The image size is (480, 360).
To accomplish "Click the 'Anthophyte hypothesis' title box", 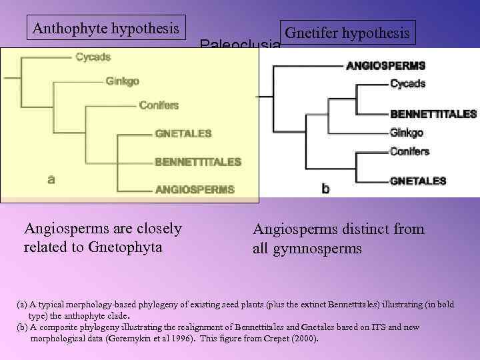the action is tap(106, 29).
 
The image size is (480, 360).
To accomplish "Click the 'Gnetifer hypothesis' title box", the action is tap(347, 33).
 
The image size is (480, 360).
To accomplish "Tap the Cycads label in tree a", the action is tap(93, 57).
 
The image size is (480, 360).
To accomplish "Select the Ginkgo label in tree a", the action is tap(122, 81).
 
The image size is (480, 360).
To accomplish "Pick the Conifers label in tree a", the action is tap(159, 105).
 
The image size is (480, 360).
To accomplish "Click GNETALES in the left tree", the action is tap(183, 133).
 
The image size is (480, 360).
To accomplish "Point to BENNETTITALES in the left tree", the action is tap(198, 161).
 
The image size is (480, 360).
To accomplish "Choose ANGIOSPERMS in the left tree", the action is tap(195, 189).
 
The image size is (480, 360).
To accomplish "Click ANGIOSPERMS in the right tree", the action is tap(385, 66).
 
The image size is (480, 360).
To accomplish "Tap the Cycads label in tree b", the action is tap(407, 84).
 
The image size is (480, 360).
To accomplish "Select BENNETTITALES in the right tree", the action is tap(433, 114).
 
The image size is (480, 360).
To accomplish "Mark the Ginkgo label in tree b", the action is tap(406, 133).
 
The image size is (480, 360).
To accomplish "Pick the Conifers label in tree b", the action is tap(409, 151).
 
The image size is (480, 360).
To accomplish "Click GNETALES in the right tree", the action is tap(418, 181).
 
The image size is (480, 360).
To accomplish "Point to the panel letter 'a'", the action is tap(51, 179).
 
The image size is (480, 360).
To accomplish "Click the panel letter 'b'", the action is tap(325, 189).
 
